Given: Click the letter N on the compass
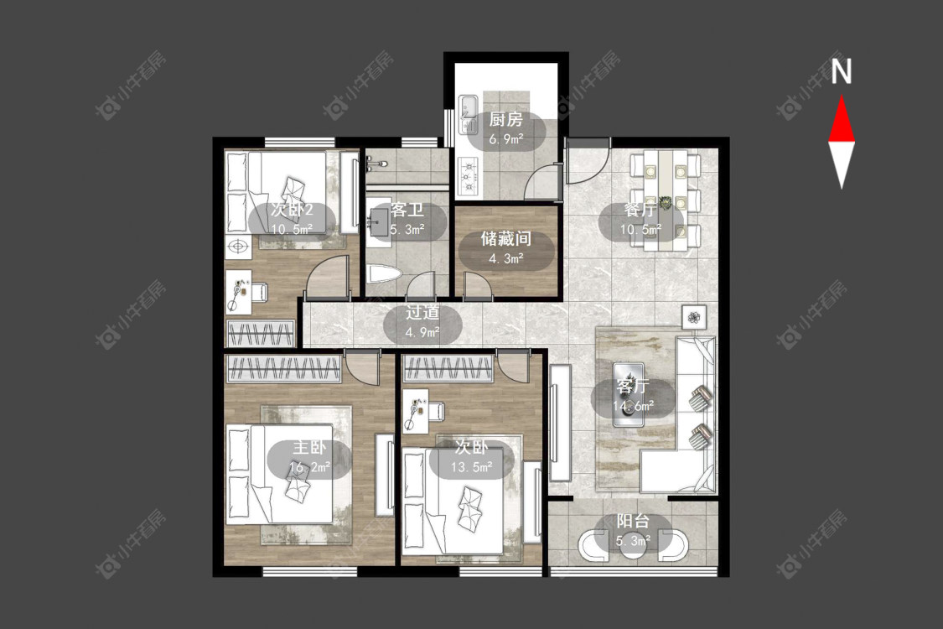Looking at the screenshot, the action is tap(842, 70).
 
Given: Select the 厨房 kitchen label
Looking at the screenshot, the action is tap(505, 120).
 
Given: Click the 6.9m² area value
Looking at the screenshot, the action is tap(506, 140).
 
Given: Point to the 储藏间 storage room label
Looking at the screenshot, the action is tap(506, 239).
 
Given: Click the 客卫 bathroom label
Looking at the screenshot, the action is tap(407, 210).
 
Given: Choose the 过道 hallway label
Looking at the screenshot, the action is tap(422, 312).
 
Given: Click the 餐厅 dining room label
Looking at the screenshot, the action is tap(640, 210).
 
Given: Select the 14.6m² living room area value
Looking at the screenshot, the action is tap(634, 406).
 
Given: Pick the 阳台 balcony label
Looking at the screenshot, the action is tap(634, 522).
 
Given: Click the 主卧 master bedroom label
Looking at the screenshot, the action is tap(309, 447).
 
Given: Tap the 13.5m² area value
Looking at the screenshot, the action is tap(472, 466).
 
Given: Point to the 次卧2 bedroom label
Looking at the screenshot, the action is tap(292, 210).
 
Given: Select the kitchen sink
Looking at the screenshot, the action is tap(468, 114).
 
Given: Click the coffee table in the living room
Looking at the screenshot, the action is tap(629, 394).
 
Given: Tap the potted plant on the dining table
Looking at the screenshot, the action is tap(666, 202).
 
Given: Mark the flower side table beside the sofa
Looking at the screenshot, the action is tap(694, 317).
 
